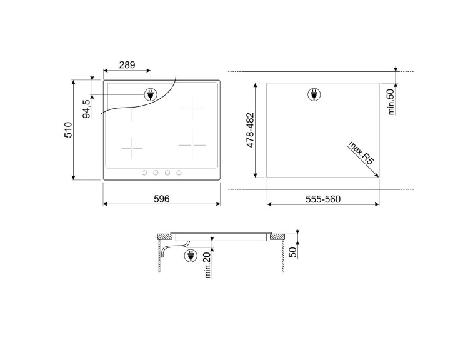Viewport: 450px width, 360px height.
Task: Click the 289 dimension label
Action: [127, 64]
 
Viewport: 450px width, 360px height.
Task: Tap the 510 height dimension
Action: [69, 130]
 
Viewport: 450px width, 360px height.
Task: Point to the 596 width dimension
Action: [162, 199]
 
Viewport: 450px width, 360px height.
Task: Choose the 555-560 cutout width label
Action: [322, 199]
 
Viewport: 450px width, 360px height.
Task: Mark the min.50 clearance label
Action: [391, 101]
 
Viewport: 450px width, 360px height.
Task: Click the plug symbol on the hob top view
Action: [151, 95]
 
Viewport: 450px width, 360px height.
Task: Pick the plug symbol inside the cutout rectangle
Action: [313, 95]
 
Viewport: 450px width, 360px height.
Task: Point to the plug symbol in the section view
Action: [190, 254]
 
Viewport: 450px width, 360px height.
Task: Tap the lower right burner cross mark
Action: [192, 144]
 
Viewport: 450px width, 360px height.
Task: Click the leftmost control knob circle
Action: [144, 173]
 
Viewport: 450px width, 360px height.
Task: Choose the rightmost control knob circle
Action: [179, 173]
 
